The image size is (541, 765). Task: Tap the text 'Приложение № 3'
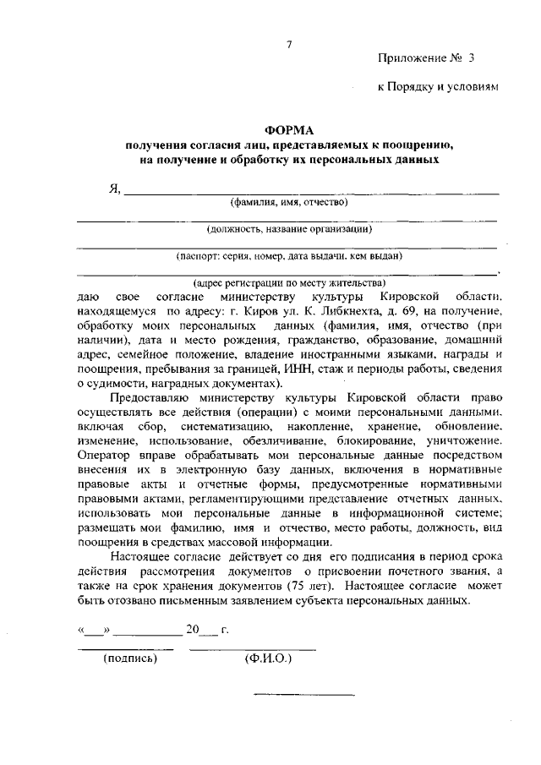(x=427, y=58)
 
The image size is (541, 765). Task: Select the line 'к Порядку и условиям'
(x=440, y=87)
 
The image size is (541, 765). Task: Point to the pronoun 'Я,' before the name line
(x=115, y=187)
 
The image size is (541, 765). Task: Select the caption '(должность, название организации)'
(x=289, y=229)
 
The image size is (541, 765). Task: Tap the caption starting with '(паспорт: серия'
(x=289, y=256)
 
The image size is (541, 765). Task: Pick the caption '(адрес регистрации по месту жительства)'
(x=289, y=282)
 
